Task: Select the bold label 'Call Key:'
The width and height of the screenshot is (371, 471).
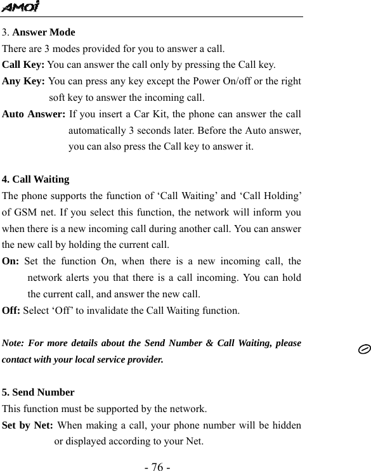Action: point(23,65)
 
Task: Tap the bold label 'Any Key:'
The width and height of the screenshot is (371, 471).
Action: point(24,82)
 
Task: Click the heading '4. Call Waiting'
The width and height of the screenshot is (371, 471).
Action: point(36,179)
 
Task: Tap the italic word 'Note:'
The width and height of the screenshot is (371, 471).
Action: point(15,344)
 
